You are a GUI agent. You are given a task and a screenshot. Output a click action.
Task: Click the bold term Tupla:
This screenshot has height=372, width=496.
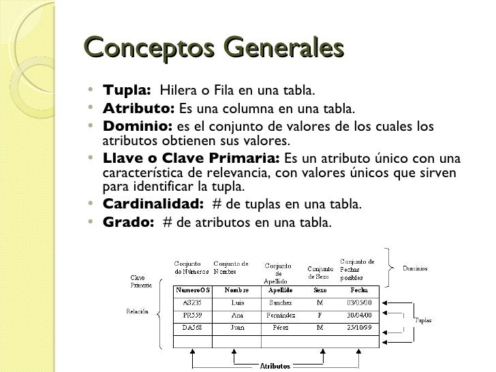(126, 91)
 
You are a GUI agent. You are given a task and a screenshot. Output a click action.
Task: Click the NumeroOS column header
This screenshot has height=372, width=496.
(194, 289)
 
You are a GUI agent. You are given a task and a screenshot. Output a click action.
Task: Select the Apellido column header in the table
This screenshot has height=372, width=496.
(281, 289)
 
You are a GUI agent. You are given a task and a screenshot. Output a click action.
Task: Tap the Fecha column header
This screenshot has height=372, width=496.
(358, 289)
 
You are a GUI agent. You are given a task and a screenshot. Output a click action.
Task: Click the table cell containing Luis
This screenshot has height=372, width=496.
(237, 303)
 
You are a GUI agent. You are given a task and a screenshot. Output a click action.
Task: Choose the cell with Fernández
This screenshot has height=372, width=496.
(281, 315)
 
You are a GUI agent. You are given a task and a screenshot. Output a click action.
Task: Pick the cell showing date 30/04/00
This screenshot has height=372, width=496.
(359, 315)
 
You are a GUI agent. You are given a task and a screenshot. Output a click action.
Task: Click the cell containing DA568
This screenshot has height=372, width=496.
(194, 328)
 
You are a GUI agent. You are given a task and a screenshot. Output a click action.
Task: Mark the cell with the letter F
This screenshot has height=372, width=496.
(320, 315)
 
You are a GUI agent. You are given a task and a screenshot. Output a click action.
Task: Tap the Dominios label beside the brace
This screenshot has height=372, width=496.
(415, 268)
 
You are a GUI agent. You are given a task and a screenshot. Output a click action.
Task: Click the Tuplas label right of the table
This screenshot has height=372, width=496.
(423, 320)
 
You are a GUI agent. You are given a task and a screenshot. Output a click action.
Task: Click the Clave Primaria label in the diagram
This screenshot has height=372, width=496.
(141, 281)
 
